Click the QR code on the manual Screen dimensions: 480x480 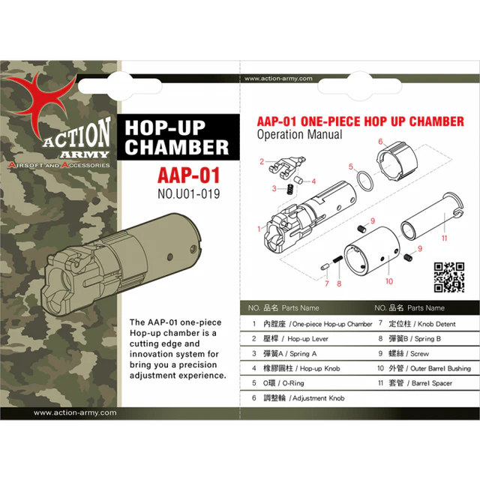[449, 276]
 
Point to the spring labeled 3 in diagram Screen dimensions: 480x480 [286, 187]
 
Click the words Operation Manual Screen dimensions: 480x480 [299, 135]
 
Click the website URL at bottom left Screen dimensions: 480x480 [75, 412]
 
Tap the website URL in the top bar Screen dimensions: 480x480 [274, 77]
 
